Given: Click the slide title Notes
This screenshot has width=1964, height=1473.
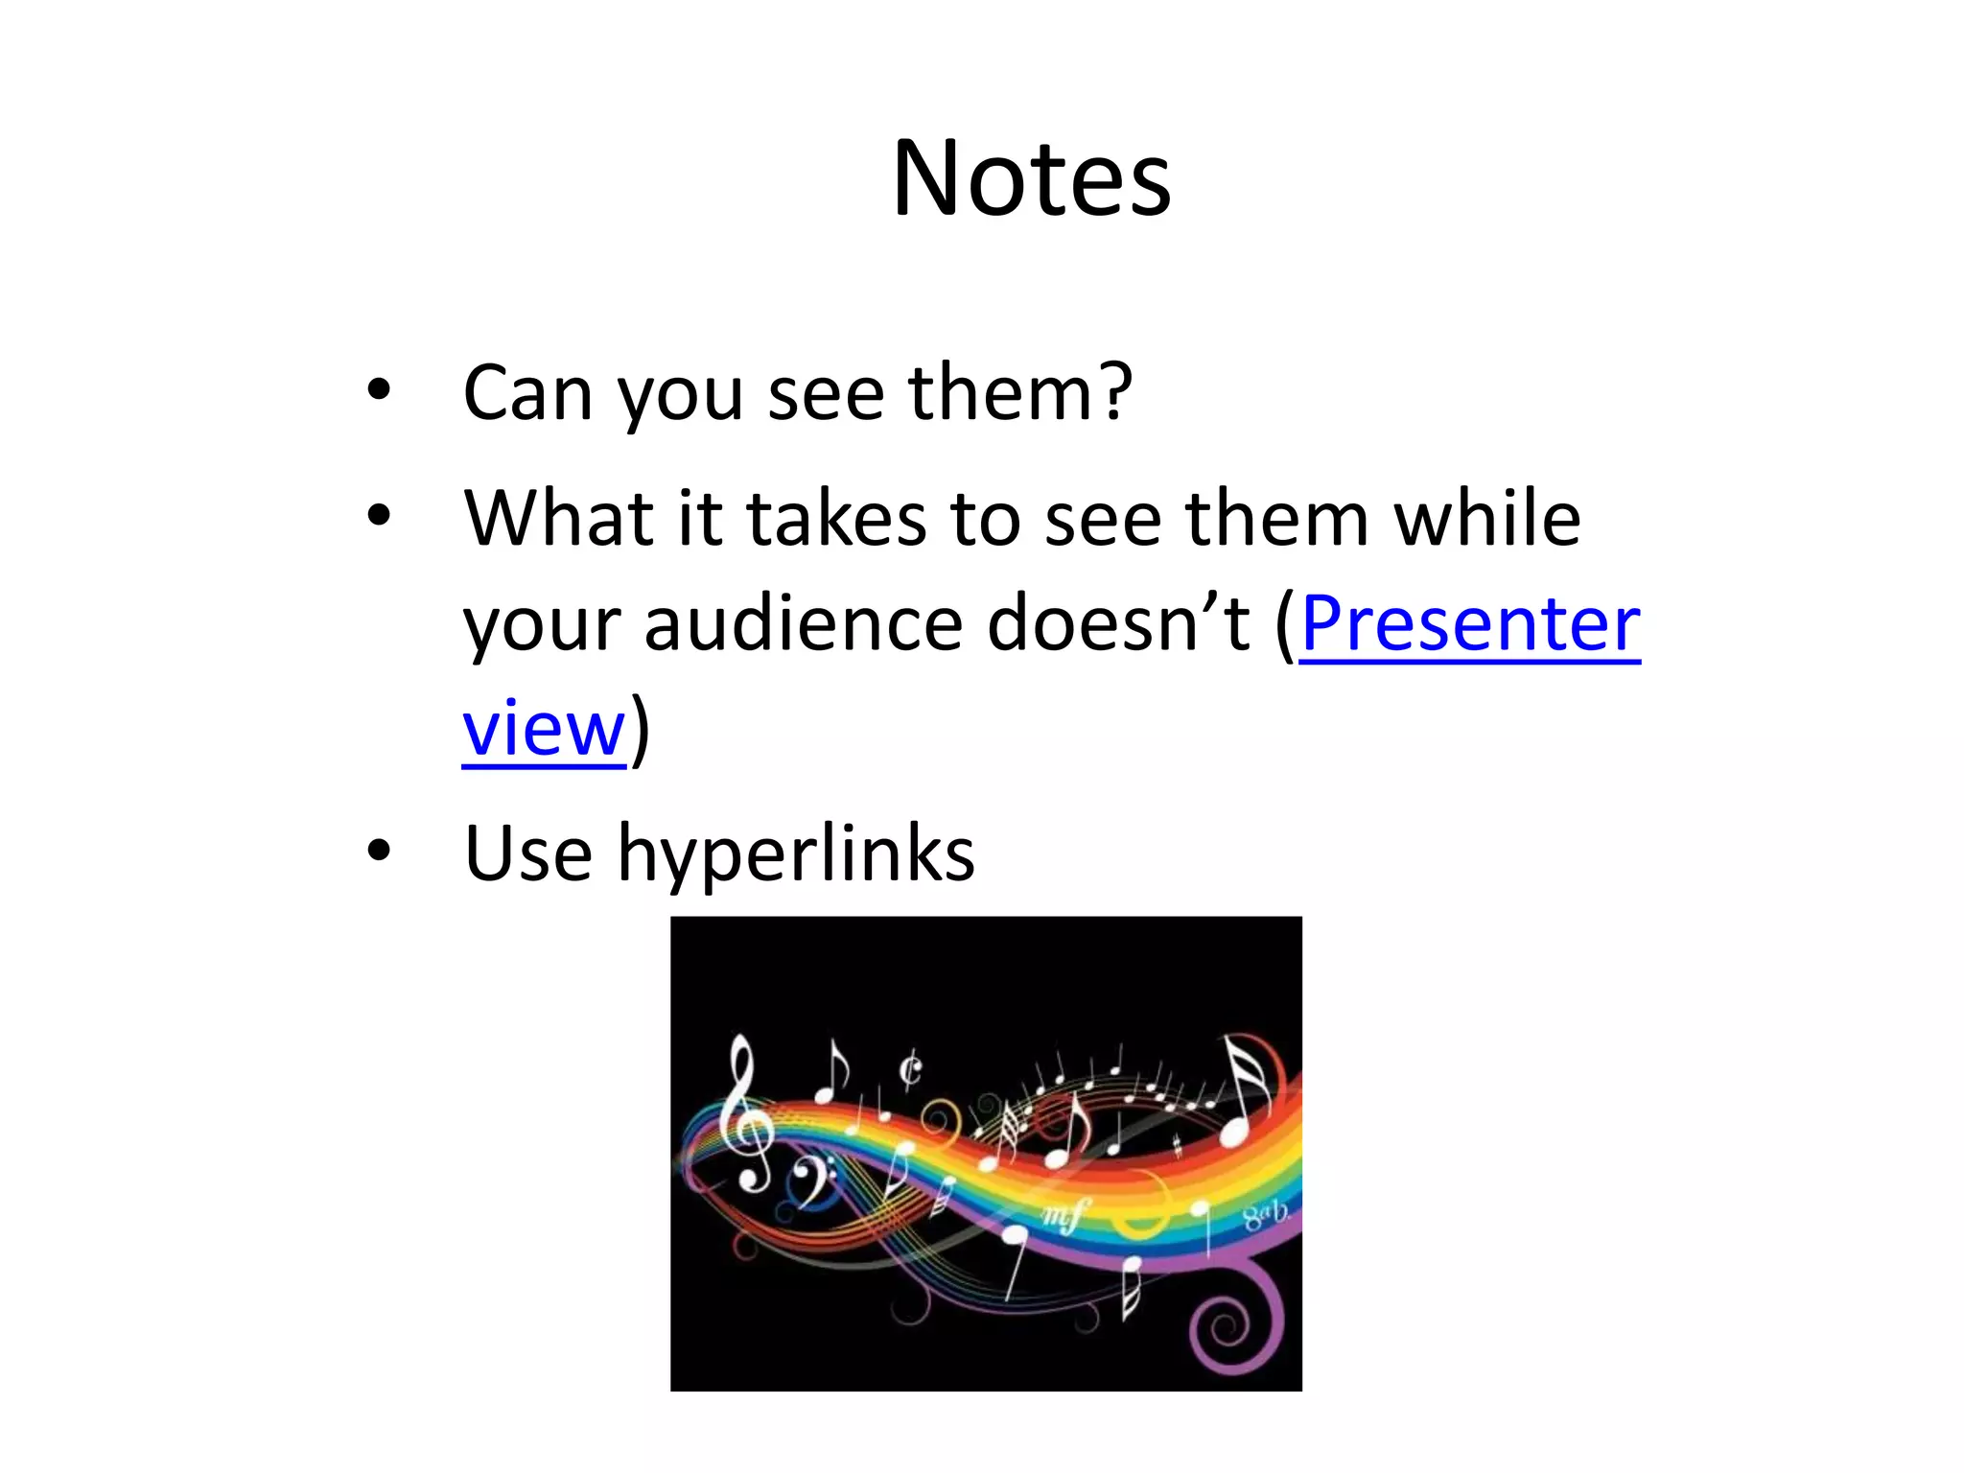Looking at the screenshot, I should pos(1031,179).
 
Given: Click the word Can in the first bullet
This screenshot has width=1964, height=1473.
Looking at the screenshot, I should pos(526,392).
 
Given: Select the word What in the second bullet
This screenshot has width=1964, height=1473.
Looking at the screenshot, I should pos(558,518).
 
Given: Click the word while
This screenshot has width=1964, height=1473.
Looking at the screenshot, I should pos(1486,518).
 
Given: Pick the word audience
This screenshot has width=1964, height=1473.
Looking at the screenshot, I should pos(802,623).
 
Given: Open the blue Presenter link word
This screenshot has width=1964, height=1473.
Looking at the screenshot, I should pos(1470,623).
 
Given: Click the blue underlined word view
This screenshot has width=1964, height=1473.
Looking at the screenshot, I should pos(544,729).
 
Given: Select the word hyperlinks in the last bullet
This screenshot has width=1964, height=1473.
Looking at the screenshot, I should pos(796,853).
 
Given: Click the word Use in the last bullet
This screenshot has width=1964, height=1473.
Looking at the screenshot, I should pos(527,853).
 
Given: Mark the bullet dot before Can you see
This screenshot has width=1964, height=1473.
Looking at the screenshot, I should pos(380,391).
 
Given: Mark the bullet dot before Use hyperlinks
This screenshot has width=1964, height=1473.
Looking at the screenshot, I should pos(380,851).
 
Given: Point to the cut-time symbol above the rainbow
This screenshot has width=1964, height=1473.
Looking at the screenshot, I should pos(910,1069).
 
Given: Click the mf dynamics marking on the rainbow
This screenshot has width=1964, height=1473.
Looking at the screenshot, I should pos(1063,1216).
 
